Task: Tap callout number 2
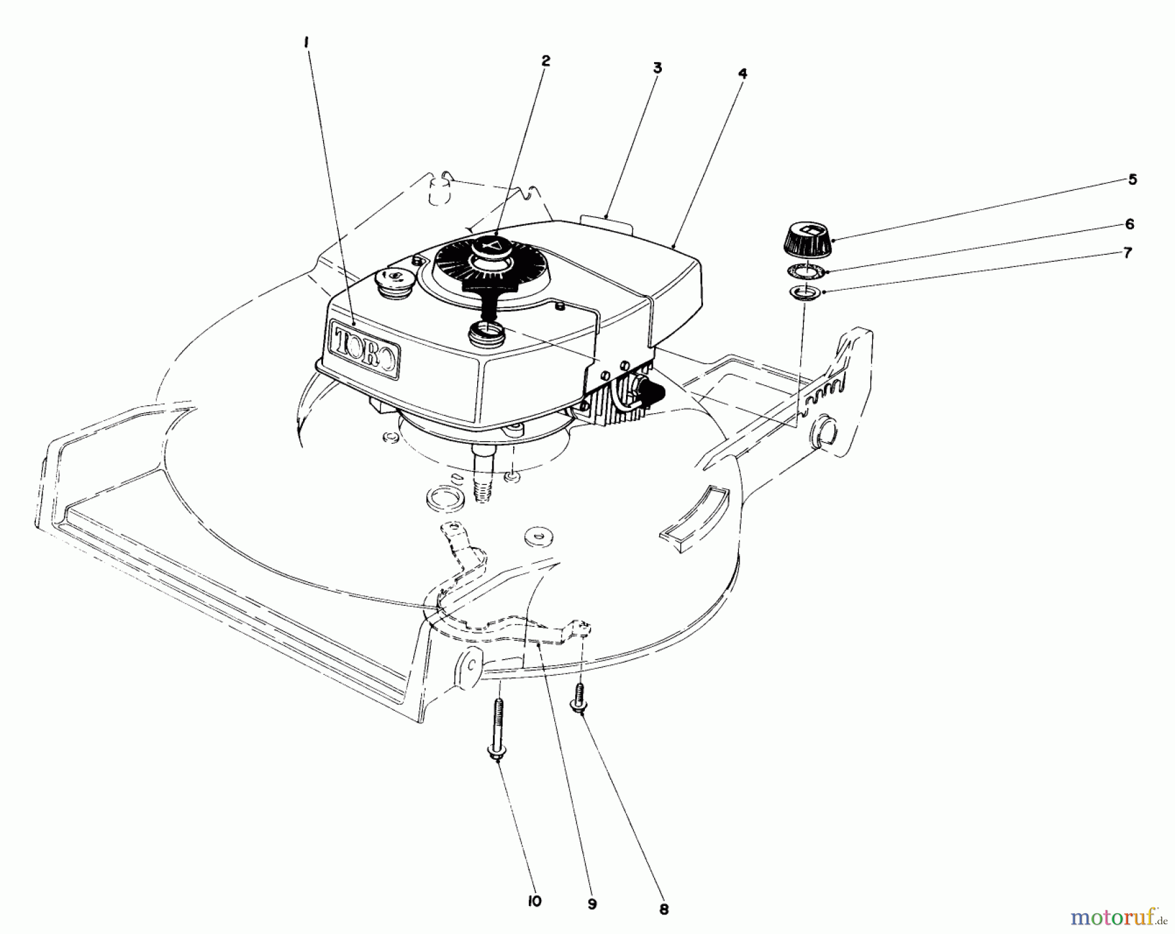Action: [x=545, y=61]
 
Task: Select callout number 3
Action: [x=657, y=67]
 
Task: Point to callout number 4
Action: [x=742, y=73]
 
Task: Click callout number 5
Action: [x=1133, y=179]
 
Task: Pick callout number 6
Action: [x=1129, y=224]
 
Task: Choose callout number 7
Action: [x=1127, y=253]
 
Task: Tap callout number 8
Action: [x=664, y=909]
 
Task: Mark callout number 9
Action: [x=592, y=905]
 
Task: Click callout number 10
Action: [x=535, y=901]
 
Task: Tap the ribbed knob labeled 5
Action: [x=807, y=240]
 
